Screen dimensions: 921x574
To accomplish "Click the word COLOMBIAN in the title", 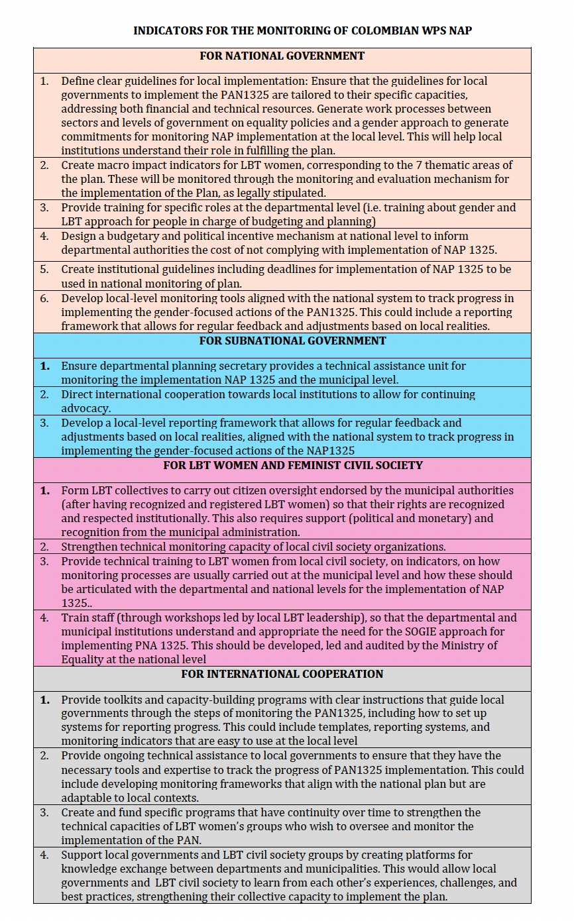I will pyautogui.click(x=381, y=30).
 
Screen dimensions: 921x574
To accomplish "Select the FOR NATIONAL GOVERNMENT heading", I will pyautogui.click(x=282, y=56).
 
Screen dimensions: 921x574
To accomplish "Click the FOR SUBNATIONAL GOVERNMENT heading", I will pyautogui.click(x=292, y=341).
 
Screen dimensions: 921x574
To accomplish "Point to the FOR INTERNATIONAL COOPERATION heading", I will pyautogui.click(x=282, y=675).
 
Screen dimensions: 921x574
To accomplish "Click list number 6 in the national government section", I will pyautogui.click(x=44, y=298).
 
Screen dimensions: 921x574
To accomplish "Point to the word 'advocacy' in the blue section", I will pyautogui.click(x=86, y=408).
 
